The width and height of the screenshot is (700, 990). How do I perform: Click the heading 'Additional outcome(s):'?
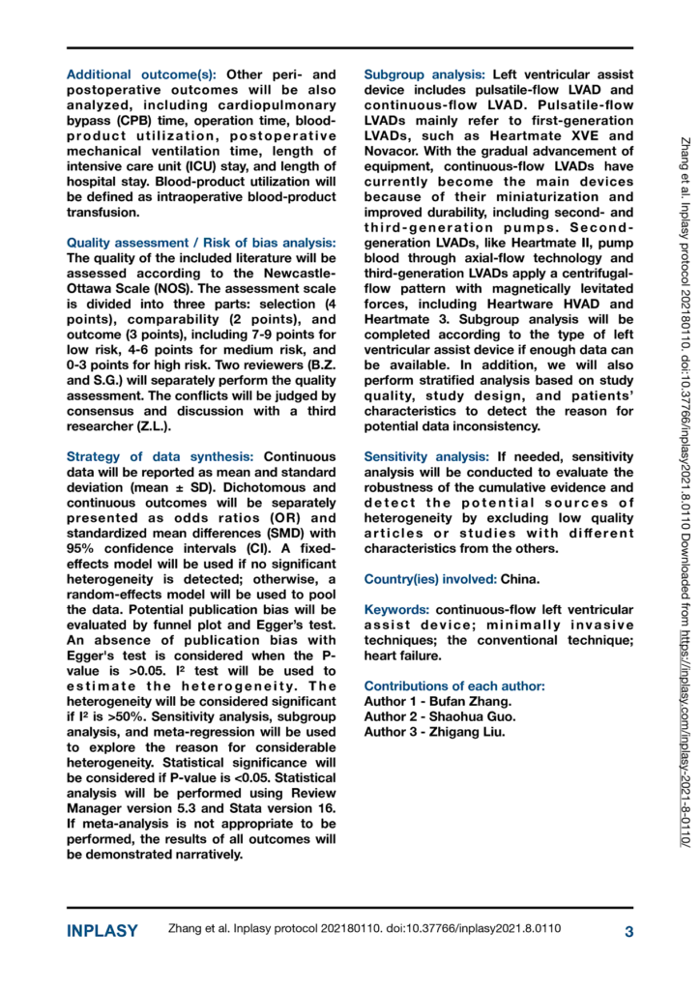tap(141, 74)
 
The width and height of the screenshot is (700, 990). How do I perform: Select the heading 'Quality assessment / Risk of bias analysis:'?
tap(201, 243)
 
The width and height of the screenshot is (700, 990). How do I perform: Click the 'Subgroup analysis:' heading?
tap(425, 74)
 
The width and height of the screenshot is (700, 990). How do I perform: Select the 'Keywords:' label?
tap(397, 610)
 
